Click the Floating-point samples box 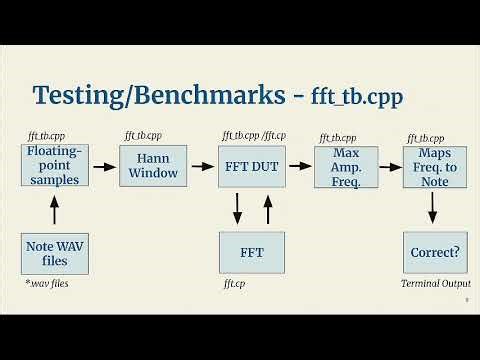click(x=55, y=165)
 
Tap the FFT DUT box click(x=252, y=165)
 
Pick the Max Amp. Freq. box click(x=345, y=165)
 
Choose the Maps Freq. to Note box click(x=435, y=165)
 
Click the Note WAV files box click(x=55, y=253)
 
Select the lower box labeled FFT click(x=252, y=253)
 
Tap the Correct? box click(x=435, y=253)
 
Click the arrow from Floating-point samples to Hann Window click(x=103, y=166)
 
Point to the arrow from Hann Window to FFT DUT click(x=202, y=166)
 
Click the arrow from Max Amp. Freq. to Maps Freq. click(x=390, y=166)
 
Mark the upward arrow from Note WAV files click(x=55, y=210)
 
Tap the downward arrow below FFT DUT click(x=237, y=210)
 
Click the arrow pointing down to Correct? click(x=435, y=208)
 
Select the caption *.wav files click(x=52, y=284)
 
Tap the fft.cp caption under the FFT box click(x=234, y=284)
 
